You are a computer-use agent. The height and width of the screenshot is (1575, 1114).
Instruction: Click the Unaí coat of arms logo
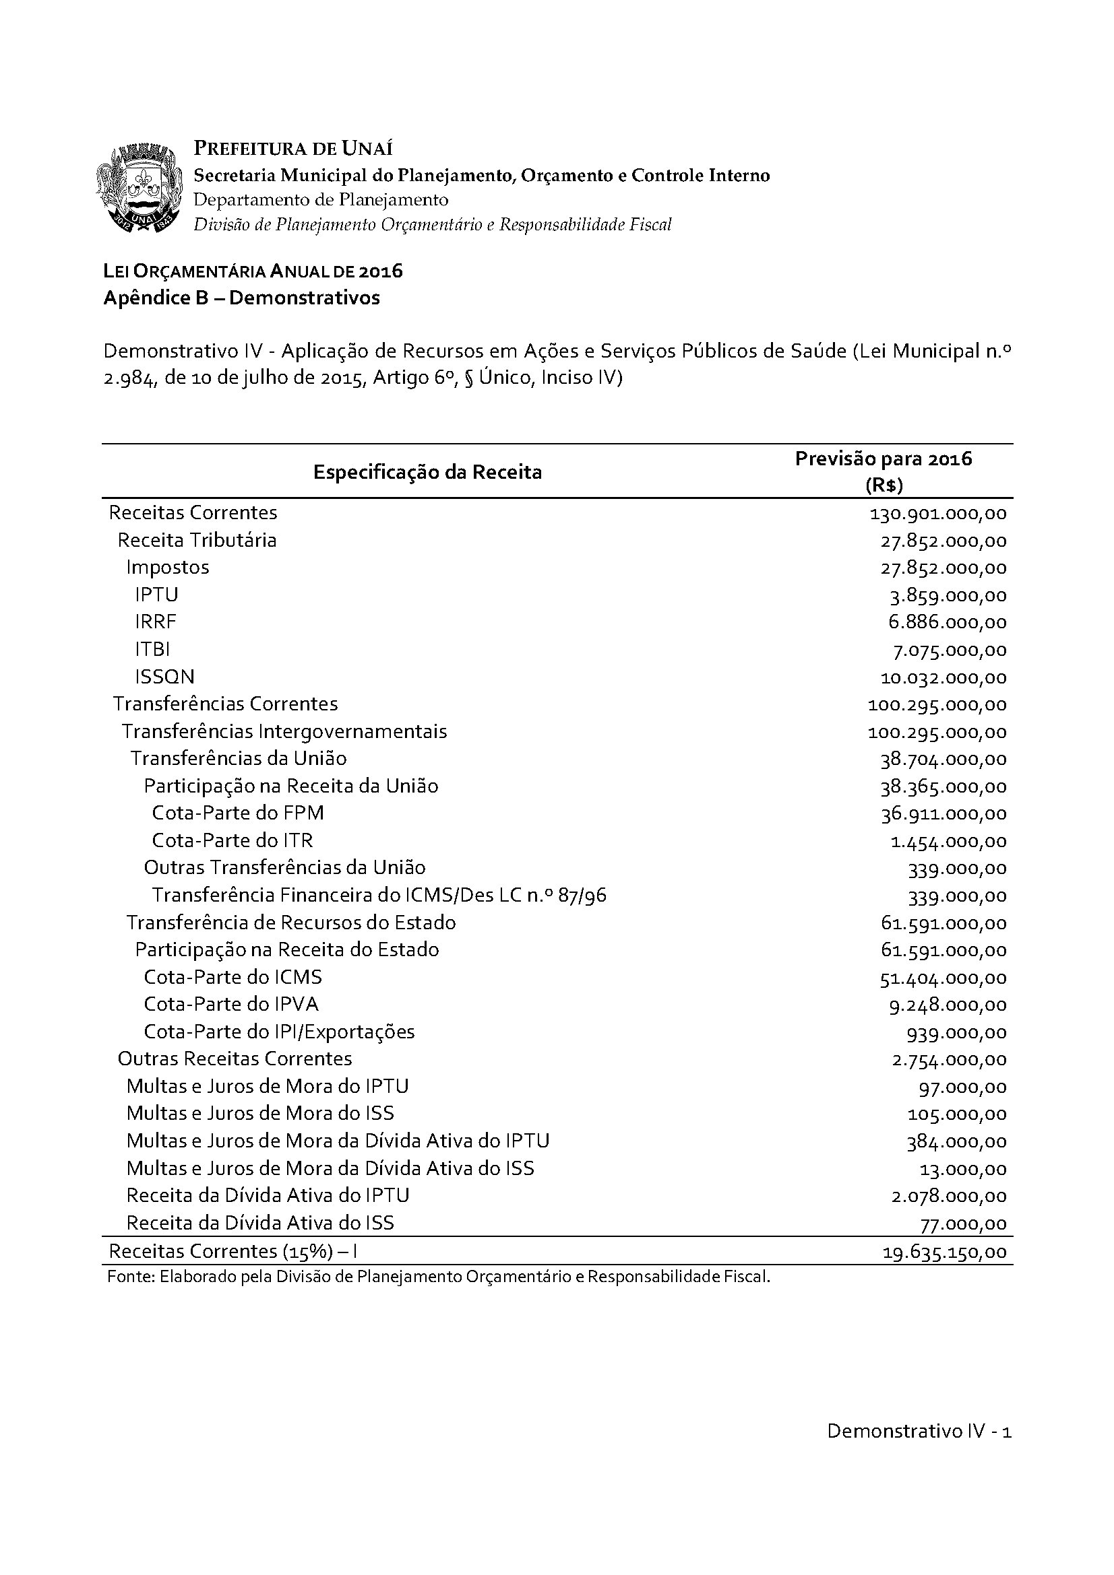[x=142, y=187]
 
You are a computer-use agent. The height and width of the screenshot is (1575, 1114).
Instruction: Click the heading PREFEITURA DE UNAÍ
[x=293, y=148]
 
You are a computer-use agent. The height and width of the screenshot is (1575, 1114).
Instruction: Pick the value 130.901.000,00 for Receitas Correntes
[x=937, y=514]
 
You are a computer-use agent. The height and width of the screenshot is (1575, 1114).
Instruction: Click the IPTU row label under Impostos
[x=156, y=595]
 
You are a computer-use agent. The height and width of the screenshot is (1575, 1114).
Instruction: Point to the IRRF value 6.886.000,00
[x=948, y=623]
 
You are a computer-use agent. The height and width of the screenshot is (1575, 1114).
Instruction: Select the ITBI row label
[x=152, y=649]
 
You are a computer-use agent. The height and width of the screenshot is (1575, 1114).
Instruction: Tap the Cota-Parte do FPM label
[x=237, y=813]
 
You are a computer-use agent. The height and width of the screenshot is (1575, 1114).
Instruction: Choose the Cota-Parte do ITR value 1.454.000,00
[x=949, y=841]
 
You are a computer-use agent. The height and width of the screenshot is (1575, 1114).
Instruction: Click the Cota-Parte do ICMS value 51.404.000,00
[x=943, y=978]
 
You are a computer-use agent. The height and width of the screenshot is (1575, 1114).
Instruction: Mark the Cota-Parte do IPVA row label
[x=231, y=1004]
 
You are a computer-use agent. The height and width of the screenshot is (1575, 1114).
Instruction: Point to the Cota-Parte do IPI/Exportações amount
[x=957, y=1032]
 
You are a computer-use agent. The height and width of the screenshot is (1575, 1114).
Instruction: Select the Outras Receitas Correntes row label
[x=235, y=1059]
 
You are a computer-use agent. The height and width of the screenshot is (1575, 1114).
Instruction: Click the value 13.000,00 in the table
[x=963, y=1169]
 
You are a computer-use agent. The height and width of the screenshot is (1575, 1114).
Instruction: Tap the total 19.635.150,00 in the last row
[x=944, y=1252]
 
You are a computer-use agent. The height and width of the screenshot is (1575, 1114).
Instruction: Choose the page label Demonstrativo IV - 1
[x=919, y=1431]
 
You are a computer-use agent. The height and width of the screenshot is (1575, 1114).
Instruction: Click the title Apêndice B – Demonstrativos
[x=242, y=298]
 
